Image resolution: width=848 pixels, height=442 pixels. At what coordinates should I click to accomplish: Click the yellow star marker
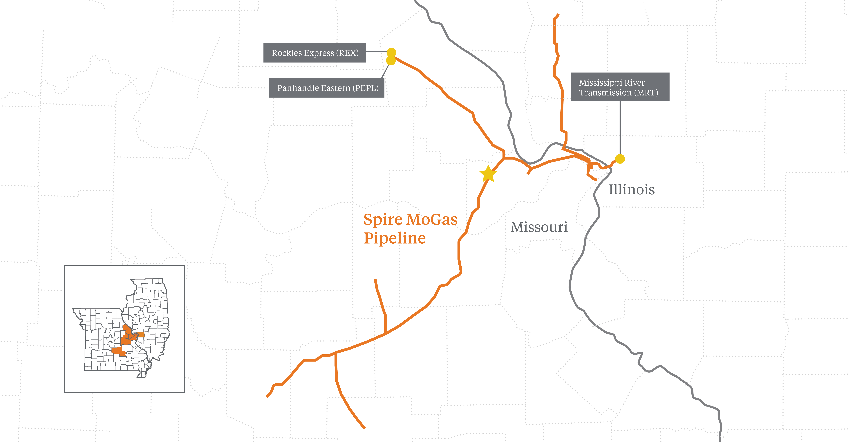(x=488, y=174)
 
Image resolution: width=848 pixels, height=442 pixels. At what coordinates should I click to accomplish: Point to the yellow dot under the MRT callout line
(x=620, y=159)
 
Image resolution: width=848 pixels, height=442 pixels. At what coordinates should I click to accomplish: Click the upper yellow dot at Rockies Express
(x=391, y=52)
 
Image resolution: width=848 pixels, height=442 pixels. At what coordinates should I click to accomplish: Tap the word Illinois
(x=631, y=190)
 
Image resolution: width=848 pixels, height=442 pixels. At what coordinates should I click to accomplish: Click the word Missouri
(x=539, y=227)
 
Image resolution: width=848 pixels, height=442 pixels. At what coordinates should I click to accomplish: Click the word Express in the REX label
(x=318, y=53)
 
